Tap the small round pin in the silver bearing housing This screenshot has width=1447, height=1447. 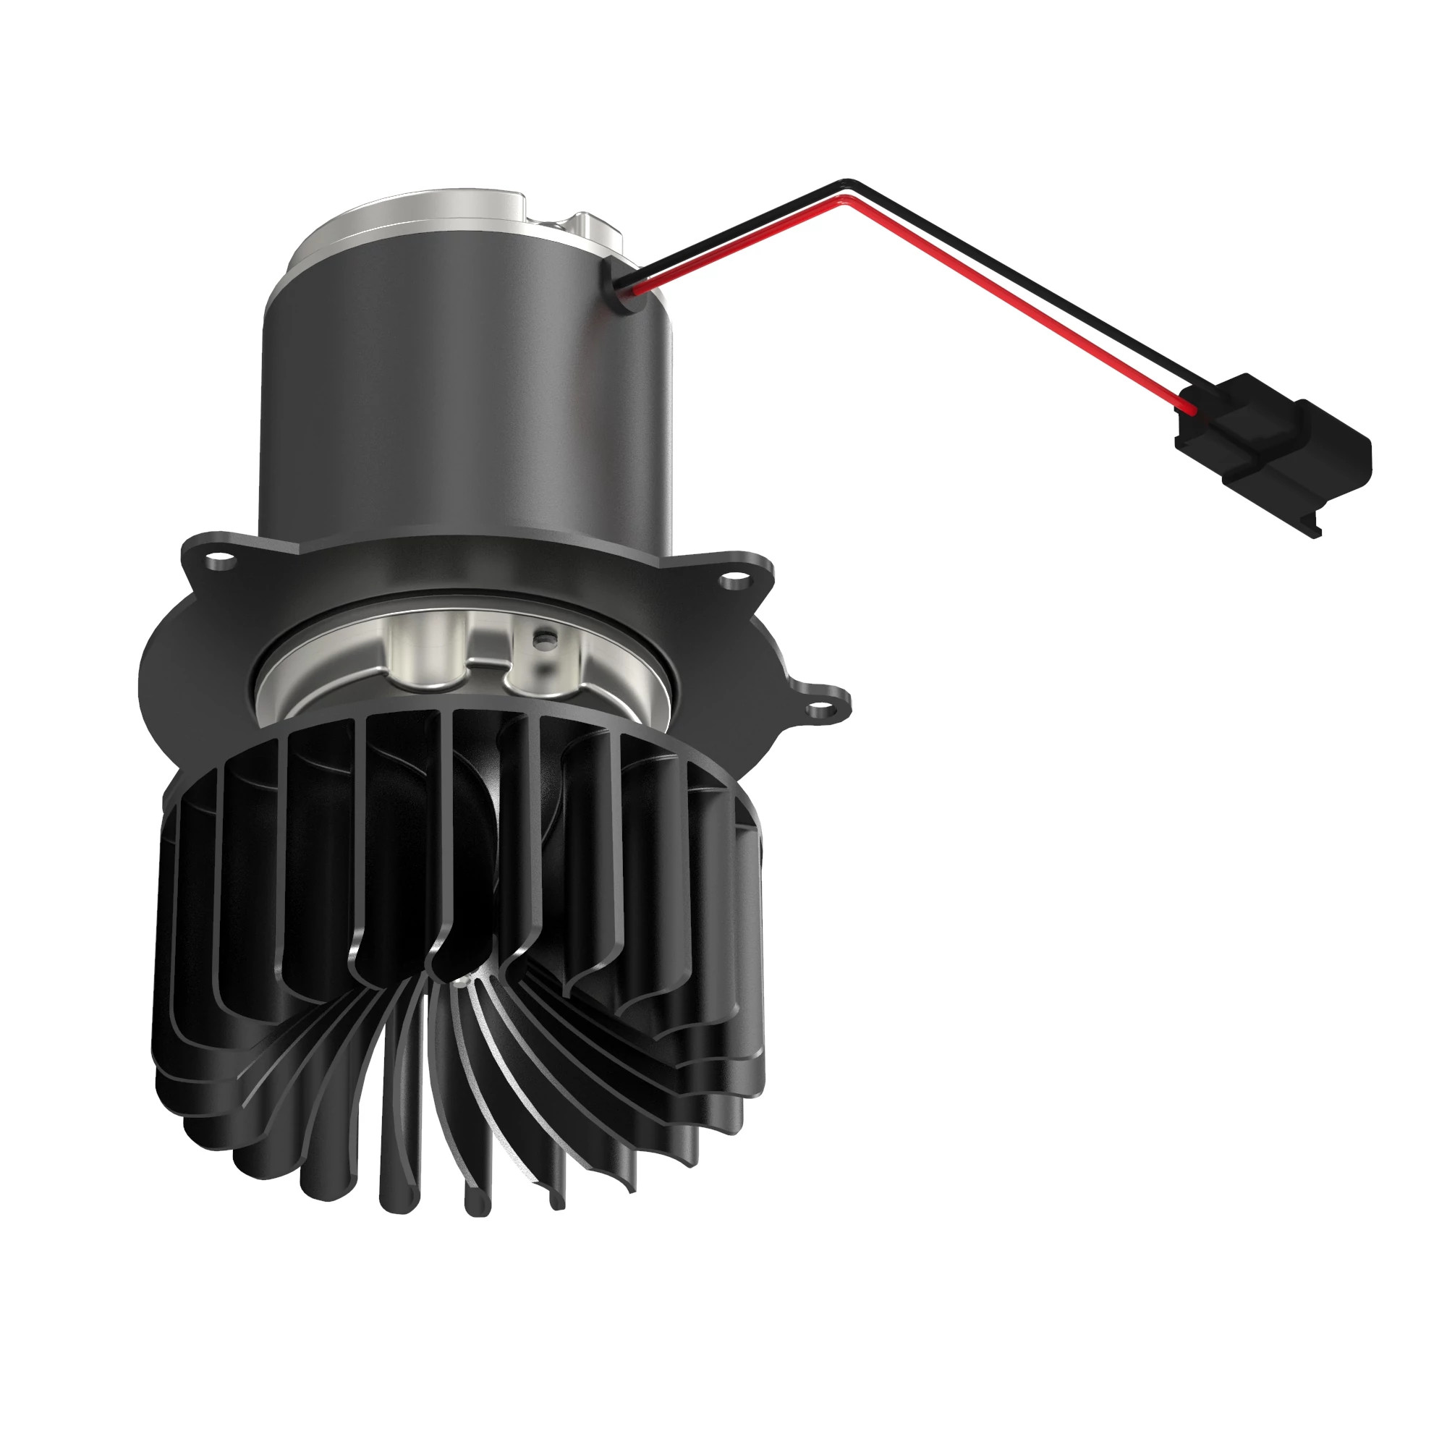click(545, 639)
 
